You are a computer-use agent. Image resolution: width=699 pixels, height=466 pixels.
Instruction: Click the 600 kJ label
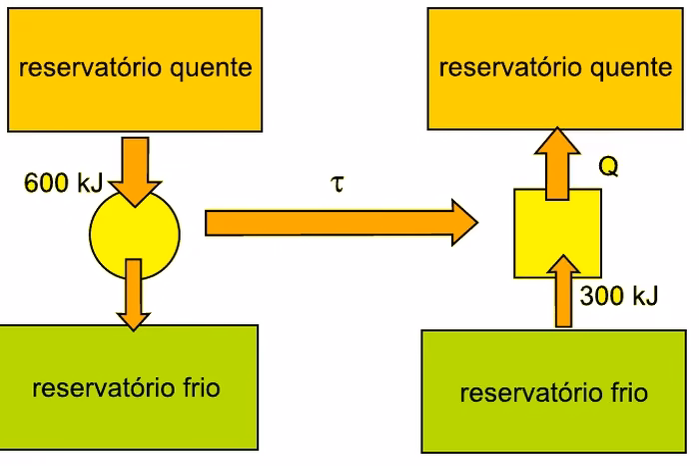click(64, 183)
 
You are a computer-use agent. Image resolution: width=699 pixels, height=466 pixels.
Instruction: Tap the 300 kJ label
click(619, 295)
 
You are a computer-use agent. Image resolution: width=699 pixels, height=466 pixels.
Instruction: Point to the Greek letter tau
click(338, 183)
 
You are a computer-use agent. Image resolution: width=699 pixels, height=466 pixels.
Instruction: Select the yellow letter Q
click(608, 166)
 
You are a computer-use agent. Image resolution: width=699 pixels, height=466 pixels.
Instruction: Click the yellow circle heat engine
click(135, 234)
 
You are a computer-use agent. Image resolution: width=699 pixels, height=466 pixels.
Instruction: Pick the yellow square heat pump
click(557, 233)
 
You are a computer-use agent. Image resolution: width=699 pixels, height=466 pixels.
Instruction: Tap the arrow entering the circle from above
click(135, 172)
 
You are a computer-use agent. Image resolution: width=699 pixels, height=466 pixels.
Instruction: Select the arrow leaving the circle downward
click(133, 295)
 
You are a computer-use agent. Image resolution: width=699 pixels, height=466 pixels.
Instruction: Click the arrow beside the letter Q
click(557, 164)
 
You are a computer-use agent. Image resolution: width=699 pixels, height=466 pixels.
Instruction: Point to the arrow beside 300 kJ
click(564, 291)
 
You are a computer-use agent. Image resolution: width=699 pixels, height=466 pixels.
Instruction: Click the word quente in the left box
click(211, 69)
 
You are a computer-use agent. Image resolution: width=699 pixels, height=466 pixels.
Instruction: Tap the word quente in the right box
click(631, 69)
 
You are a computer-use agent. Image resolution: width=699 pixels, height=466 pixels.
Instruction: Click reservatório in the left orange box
click(91, 67)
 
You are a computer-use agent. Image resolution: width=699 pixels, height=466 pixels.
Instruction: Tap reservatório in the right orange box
click(511, 67)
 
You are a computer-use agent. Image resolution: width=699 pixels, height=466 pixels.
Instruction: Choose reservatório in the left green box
click(104, 387)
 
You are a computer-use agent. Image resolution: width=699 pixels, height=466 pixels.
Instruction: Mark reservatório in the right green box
click(531, 392)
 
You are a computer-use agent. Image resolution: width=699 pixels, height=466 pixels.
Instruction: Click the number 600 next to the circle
click(47, 183)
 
